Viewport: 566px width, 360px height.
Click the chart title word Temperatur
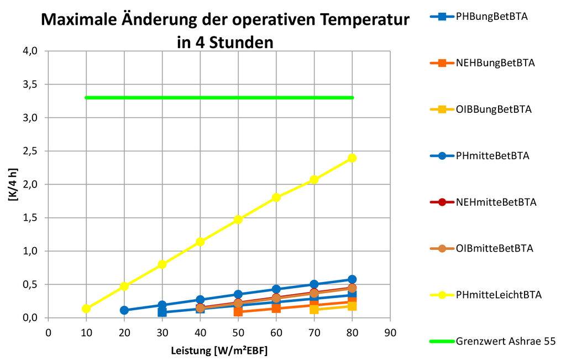pos(359,20)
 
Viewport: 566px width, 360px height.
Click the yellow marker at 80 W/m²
pos(352,158)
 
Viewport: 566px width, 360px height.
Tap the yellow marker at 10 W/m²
pos(86,309)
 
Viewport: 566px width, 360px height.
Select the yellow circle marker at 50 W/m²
pos(238,219)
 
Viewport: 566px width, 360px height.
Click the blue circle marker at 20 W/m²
pos(124,310)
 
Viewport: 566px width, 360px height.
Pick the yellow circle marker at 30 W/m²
pos(162,264)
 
